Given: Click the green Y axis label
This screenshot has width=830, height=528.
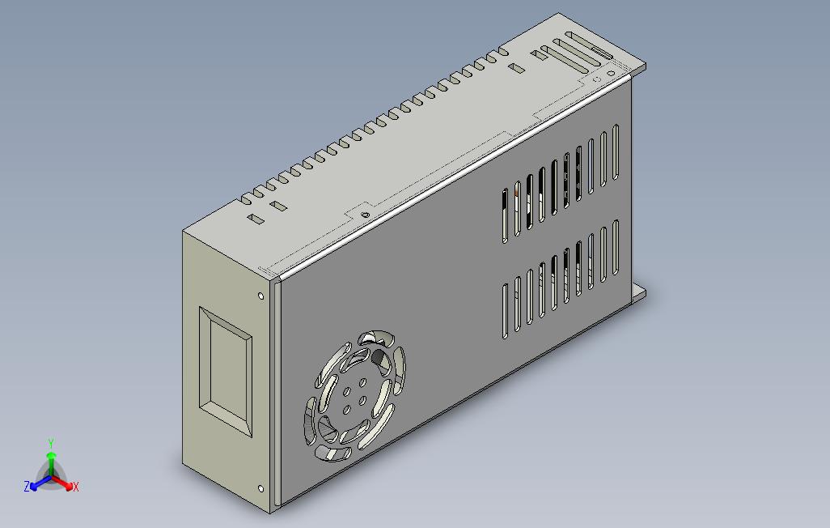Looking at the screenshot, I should [x=50, y=443].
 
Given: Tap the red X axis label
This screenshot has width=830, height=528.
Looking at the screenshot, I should [x=75, y=487].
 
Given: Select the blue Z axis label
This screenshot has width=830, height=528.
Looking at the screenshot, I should [x=27, y=487].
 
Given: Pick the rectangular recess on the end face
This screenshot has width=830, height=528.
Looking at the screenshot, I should [x=226, y=372].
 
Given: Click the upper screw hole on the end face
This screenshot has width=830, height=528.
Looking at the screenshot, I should [x=260, y=296].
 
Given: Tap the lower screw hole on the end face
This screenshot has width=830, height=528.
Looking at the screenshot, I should [x=260, y=488].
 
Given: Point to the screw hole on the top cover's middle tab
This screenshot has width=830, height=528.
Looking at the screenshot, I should [x=365, y=215].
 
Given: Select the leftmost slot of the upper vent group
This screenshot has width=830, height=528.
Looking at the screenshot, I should [x=506, y=215].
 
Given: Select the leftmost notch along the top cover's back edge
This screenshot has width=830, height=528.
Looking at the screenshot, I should [x=245, y=198].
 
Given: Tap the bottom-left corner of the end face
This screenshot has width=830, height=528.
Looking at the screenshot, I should [x=184, y=467].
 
